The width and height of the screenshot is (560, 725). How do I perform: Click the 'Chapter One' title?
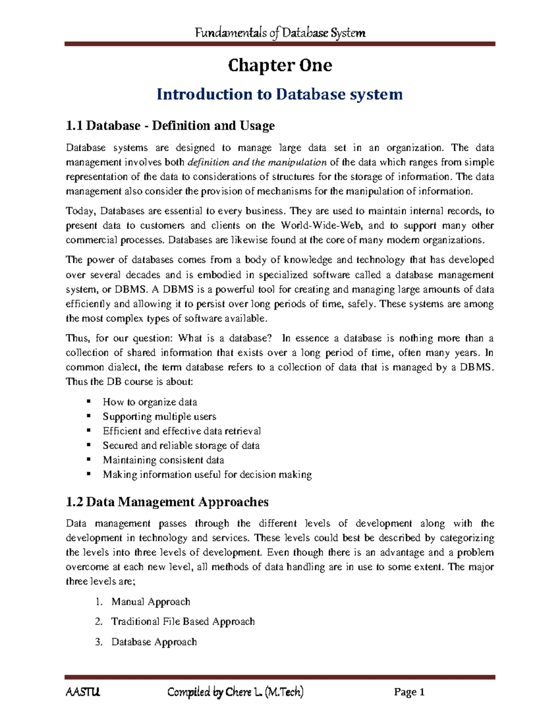tap(280, 65)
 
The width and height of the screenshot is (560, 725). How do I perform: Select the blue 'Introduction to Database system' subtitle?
tap(280, 94)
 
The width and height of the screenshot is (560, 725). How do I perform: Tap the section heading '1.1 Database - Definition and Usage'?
tap(170, 126)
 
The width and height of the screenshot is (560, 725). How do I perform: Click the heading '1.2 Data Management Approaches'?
tap(167, 502)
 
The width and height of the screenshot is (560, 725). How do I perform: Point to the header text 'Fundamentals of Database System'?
tap(280, 33)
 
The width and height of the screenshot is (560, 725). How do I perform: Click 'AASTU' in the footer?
tap(83, 692)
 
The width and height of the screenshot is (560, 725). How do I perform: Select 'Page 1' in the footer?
tap(409, 692)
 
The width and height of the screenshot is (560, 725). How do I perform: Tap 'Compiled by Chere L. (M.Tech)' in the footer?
tap(235, 692)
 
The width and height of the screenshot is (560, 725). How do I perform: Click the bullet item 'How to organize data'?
tap(150, 402)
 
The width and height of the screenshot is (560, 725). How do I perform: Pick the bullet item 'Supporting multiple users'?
tap(159, 416)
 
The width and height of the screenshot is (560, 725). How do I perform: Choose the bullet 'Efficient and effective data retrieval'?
tap(182, 431)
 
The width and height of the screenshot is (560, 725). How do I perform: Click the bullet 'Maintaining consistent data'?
tap(163, 460)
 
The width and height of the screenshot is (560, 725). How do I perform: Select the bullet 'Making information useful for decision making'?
tap(207, 475)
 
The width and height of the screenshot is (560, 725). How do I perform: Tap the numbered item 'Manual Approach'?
tap(151, 602)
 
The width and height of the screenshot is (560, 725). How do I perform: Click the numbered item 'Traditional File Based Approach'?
tap(183, 621)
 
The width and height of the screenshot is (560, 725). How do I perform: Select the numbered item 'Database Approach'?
tap(154, 642)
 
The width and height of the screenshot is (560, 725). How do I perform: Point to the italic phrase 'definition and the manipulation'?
tap(257, 162)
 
